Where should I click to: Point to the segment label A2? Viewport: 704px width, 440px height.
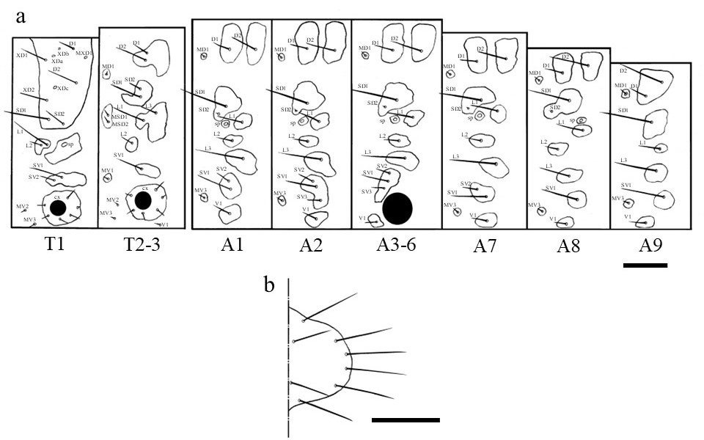coord(311,245)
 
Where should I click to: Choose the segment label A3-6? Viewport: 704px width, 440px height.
coord(397,245)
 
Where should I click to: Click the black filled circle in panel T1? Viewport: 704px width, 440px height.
coord(59,208)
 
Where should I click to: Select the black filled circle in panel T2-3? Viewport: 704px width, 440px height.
coord(144,200)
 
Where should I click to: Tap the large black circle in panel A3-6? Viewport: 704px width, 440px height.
coord(397,208)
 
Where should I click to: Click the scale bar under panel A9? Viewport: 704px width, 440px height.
coord(645,265)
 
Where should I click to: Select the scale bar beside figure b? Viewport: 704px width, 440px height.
coord(406,420)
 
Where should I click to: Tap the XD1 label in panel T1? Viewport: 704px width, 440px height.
coord(21,54)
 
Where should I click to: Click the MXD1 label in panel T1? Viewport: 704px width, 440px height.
coord(84,53)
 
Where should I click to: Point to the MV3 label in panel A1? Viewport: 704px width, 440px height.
coord(200,190)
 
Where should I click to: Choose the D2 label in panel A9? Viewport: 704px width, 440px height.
coord(623,70)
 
